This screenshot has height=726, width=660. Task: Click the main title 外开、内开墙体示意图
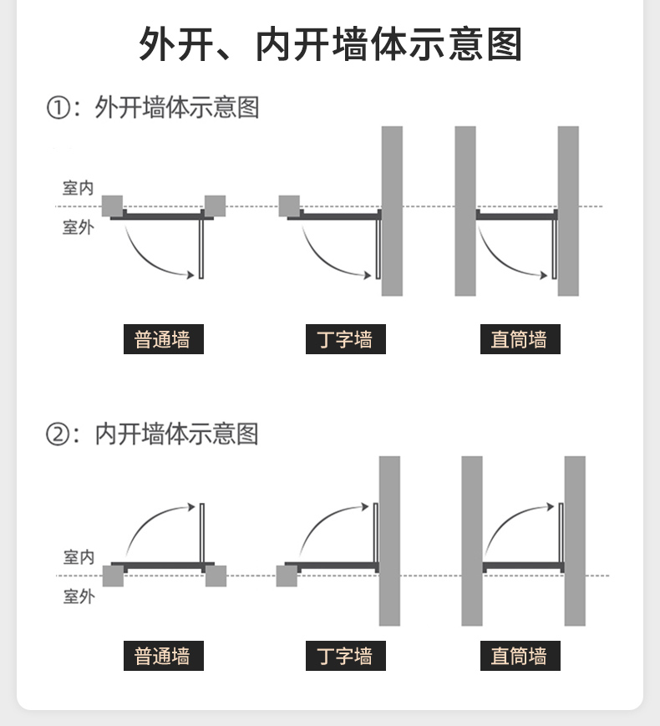point(330,44)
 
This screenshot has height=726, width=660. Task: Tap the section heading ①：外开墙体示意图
point(152,108)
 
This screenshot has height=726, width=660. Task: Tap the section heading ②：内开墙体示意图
point(152,434)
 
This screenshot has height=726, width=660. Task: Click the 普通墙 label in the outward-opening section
point(163,340)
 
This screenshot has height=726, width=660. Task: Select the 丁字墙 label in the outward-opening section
point(345,340)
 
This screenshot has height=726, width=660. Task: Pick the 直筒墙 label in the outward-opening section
point(520,340)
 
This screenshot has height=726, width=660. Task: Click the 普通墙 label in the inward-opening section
point(163,656)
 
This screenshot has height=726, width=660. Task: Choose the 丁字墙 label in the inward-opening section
point(345,656)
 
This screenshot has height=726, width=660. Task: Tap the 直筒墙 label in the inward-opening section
point(520,656)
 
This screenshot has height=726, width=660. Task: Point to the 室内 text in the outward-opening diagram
point(79,188)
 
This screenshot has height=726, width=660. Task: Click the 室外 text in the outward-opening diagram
point(79,227)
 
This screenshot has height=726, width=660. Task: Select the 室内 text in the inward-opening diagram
point(79,557)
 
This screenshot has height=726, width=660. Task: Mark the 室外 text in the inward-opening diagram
point(79,597)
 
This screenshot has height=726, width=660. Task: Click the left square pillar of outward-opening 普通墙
point(112,206)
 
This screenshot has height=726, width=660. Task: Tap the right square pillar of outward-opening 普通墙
point(215,206)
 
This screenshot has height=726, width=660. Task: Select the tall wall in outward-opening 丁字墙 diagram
point(392,211)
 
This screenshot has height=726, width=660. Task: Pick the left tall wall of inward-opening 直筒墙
point(472,541)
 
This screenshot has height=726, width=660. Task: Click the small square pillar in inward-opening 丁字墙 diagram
point(287,576)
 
